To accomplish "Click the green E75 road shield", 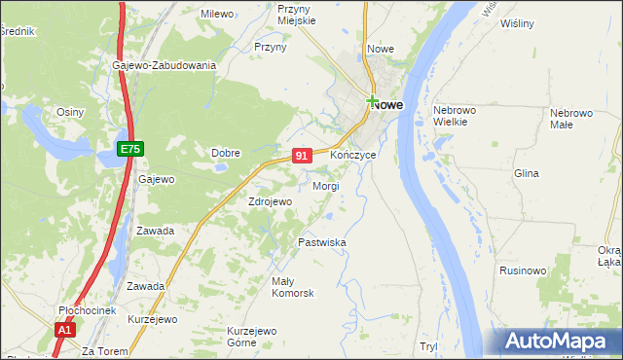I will coord(130,149).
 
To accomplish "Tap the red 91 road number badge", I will coord(302,155).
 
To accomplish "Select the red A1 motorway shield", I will coord(64,330).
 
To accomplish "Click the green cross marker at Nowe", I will coord(372,100).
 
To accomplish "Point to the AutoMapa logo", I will coord(558,342).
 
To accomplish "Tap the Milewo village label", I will coord(218,14).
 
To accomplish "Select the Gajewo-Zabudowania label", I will coord(164,65).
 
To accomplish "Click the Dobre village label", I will coord(226,152).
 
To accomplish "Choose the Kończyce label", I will coord(351,155).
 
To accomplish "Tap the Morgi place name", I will coord(325,185).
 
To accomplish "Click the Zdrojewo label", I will coord(270,201).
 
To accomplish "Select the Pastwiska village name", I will coord(322,241).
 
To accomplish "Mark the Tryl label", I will coord(428,346).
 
